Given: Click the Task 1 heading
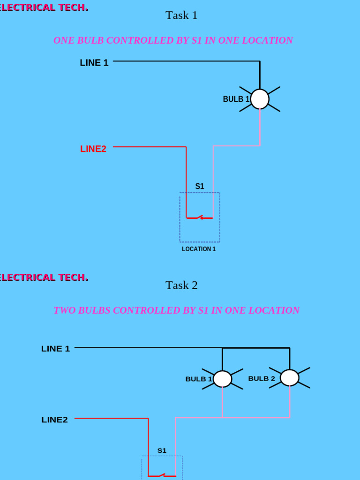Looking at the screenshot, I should [181, 15].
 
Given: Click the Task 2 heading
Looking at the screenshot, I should [181, 285].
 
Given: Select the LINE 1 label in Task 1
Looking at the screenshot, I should [94, 63].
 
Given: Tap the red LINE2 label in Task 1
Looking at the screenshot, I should [93, 149].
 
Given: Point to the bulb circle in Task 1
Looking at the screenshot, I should [260, 99].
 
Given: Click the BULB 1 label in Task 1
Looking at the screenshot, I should [236, 99].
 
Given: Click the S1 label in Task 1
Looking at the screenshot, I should [200, 186].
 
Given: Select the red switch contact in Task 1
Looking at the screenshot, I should [200, 217].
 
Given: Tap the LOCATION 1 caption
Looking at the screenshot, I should [199, 249].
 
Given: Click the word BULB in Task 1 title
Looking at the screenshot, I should [91, 40].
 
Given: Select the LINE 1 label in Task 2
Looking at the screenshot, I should [56, 349].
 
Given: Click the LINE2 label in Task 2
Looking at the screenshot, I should [54, 420].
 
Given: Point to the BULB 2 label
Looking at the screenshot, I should [262, 378].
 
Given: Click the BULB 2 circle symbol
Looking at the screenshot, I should [290, 378].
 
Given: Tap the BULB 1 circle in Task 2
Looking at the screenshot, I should [223, 379].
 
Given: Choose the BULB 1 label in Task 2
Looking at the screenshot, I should [199, 379].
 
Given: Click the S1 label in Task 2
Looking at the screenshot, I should [162, 450].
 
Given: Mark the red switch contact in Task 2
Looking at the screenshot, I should [162, 476].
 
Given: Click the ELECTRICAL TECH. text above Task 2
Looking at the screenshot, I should [44, 277].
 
